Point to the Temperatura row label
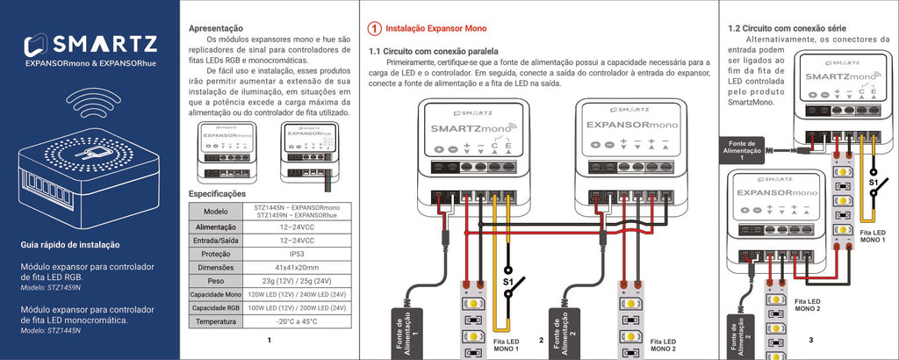[x=215, y=322]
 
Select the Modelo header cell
[x=215, y=211]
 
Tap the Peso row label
[x=215, y=281]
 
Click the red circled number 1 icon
[x=375, y=29]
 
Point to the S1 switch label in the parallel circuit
[x=508, y=282]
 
